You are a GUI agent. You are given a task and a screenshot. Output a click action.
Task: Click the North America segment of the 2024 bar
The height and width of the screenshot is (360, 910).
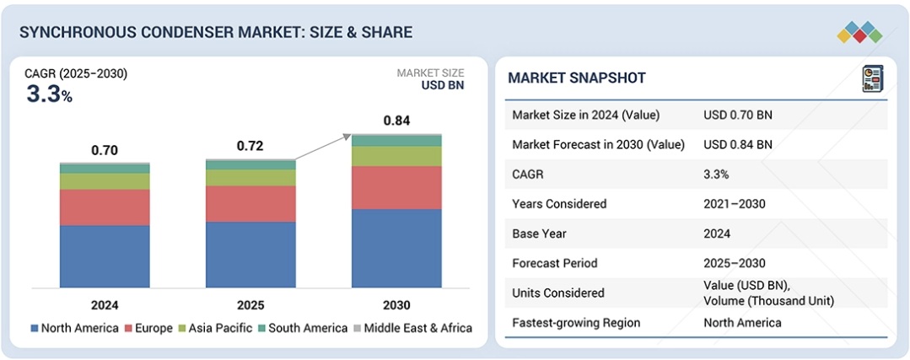(105, 255)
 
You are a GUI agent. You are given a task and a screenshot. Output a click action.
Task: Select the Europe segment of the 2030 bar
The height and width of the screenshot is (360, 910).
(396, 187)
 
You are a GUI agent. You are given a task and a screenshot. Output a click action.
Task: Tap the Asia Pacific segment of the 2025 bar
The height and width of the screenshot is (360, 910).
(250, 177)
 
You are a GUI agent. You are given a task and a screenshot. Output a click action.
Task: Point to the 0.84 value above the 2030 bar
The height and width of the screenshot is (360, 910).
(396, 121)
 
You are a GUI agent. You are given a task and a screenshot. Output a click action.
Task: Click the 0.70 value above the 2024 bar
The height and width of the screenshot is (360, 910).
(105, 150)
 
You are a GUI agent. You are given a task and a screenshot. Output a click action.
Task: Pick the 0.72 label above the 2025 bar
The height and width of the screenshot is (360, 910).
(250, 146)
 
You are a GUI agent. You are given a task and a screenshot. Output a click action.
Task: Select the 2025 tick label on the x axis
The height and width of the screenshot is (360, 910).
(250, 305)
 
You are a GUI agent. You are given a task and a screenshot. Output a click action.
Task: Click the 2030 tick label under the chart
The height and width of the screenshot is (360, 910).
(396, 305)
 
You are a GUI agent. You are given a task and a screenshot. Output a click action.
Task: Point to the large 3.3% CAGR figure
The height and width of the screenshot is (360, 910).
(49, 94)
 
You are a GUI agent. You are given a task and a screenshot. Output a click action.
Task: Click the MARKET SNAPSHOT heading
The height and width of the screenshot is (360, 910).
(577, 78)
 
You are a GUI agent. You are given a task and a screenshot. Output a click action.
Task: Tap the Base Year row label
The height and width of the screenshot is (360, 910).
(539, 234)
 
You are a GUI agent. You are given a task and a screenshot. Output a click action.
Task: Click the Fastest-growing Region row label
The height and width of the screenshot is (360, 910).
(576, 323)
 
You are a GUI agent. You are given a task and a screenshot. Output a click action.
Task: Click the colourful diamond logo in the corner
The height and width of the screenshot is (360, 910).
(859, 32)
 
